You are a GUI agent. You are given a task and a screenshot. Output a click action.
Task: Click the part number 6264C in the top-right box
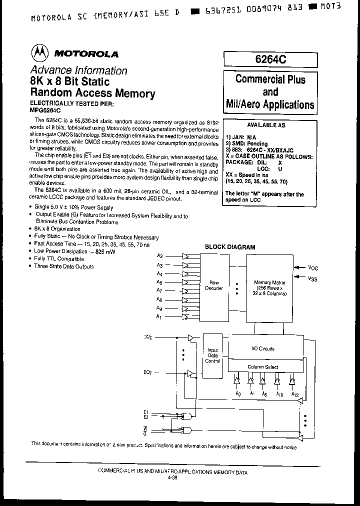coord(270,59)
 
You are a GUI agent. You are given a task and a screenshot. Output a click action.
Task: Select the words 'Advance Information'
coord(78,70)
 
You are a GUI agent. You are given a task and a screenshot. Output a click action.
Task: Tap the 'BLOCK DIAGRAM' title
coord(230,247)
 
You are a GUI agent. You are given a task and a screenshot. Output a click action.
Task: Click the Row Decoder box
coord(214,285)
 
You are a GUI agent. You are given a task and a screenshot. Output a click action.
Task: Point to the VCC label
coord(312,267)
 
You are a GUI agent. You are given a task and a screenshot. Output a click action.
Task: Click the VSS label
coord(312,278)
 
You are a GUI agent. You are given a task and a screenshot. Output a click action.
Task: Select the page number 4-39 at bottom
coord(172,478)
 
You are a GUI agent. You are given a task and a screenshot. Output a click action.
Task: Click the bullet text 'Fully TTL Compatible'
coord(59,258)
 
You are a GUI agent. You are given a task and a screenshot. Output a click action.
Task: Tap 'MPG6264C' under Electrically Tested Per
coord(45,110)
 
